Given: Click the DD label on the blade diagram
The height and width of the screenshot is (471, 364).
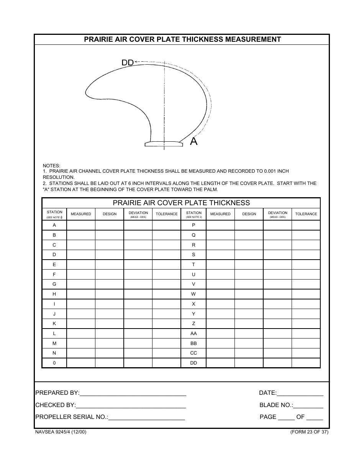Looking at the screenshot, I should (x=127, y=62).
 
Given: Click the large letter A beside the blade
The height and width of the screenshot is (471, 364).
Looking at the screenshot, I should (x=194, y=142).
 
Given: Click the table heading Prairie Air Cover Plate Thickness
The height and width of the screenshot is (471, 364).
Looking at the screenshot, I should (x=181, y=203).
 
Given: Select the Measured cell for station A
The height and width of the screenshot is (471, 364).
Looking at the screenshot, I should (x=81, y=225).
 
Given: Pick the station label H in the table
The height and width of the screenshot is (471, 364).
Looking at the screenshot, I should (x=54, y=294).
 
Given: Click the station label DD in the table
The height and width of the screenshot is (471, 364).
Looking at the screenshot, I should (x=193, y=363).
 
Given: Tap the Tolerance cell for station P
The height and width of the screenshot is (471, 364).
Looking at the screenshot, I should (x=306, y=225).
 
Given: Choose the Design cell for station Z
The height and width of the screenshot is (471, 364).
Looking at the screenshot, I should (x=249, y=324).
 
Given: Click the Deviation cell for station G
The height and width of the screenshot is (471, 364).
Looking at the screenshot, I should (x=138, y=284).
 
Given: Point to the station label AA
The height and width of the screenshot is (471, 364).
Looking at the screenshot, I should (x=193, y=334).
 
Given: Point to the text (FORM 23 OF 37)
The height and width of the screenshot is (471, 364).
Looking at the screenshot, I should (x=309, y=432).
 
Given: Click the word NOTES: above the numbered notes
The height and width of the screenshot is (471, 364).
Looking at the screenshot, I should (x=51, y=165).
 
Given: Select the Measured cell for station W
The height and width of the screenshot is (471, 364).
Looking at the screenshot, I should (x=220, y=294).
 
